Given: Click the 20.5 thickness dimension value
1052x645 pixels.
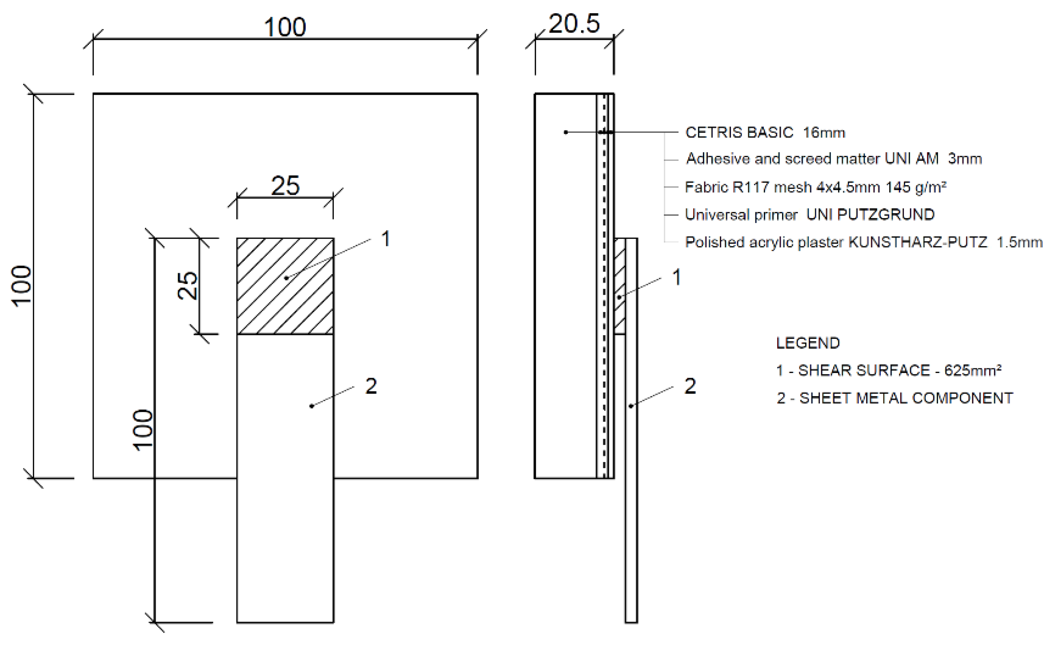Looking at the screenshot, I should pos(574,24).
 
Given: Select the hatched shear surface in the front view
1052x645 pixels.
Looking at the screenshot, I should pos(285,286).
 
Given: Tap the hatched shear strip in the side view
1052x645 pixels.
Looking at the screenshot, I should pos(619,286).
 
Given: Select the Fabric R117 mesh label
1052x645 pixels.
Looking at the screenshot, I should pos(815,187).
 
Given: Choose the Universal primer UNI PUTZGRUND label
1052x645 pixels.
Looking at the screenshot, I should pos(809,215).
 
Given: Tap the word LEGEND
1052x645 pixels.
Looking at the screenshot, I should pos(808,343).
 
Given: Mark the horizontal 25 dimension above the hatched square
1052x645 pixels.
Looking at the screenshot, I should pos(285,186).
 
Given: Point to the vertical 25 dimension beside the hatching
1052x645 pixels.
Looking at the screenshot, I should pos(188,285).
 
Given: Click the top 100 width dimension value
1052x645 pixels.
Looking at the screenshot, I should pos(285,27).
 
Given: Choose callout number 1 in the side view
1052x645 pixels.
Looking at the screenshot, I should pos(676,278).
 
